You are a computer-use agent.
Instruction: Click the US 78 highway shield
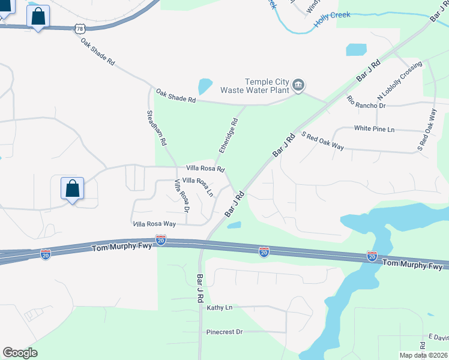coord(80,28)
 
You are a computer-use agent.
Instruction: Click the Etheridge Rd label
coord(229,134)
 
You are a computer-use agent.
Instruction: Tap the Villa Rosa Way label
coord(154,224)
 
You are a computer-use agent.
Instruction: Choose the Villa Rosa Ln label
coord(197,187)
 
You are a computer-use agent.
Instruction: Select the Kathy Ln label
coord(219,308)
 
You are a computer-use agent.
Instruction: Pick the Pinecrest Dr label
coord(224,331)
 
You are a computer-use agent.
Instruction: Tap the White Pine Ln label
coord(374,128)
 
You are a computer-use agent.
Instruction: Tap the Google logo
coord(20,353)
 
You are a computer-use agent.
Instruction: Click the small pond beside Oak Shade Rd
coord(205,86)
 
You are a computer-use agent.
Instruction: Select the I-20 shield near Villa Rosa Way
coord(161,240)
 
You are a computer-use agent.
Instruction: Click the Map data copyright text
coord(424,355)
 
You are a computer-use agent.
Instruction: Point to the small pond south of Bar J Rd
coord(234,226)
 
